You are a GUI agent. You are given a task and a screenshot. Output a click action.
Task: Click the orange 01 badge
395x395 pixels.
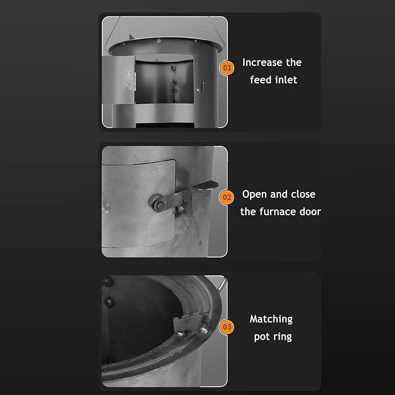pos(227,67)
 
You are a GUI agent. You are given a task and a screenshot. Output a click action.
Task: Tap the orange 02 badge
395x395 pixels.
pos(227,197)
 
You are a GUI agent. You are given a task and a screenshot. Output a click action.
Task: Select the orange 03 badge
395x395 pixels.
pos(227,327)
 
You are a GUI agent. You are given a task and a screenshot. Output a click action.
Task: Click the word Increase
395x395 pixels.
pos(261,62)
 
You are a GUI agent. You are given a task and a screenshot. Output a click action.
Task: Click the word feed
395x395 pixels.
pos(260,80)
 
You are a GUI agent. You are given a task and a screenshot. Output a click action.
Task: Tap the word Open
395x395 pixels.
pos(254,194)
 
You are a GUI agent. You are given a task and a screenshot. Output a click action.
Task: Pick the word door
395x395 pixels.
pos(310,212)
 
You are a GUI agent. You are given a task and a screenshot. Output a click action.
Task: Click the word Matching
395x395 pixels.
pos(271,319)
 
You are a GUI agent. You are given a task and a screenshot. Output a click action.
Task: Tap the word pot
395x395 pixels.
pos(262,337)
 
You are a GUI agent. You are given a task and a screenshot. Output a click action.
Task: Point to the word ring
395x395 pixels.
pos(283,337)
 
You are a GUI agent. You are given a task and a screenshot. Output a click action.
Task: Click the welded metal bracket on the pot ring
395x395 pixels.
pos(191,323)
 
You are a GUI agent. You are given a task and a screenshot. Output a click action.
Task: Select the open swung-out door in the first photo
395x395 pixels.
pos(118,80)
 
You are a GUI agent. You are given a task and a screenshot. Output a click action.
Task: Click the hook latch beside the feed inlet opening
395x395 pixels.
pos(201,87)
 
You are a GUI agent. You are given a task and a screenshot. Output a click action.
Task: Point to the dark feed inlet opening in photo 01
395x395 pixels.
pos(164,81)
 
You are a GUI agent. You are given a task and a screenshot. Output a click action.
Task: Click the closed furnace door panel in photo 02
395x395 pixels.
pos(138,203)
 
